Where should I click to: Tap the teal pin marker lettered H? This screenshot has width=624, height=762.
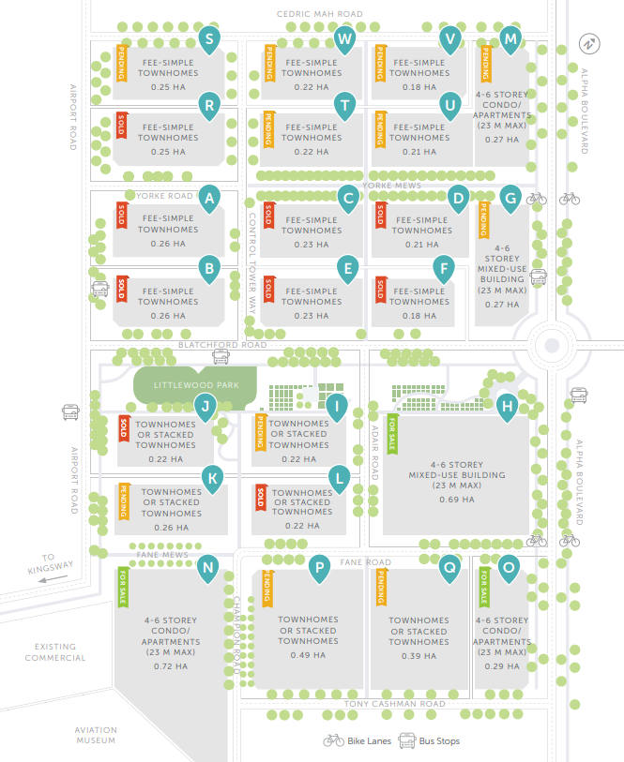click(x=507, y=407)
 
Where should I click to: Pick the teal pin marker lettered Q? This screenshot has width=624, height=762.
click(x=449, y=566)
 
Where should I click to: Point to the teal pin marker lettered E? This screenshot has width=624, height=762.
click(x=348, y=269)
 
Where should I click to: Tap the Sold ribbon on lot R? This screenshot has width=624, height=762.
click(x=120, y=127)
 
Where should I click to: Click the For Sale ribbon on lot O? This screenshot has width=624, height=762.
click(x=484, y=586)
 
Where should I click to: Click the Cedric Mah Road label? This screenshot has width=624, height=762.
click(x=319, y=14)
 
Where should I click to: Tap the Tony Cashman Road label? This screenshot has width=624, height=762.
click(x=394, y=704)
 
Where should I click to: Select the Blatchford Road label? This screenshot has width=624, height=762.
click(x=222, y=344)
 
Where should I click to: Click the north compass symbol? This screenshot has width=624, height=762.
click(x=588, y=43)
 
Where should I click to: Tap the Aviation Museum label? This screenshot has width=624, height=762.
click(x=96, y=736)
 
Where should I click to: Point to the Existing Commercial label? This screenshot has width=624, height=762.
click(x=60, y=652)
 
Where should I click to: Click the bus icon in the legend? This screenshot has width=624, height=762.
click(x=407, y=740)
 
